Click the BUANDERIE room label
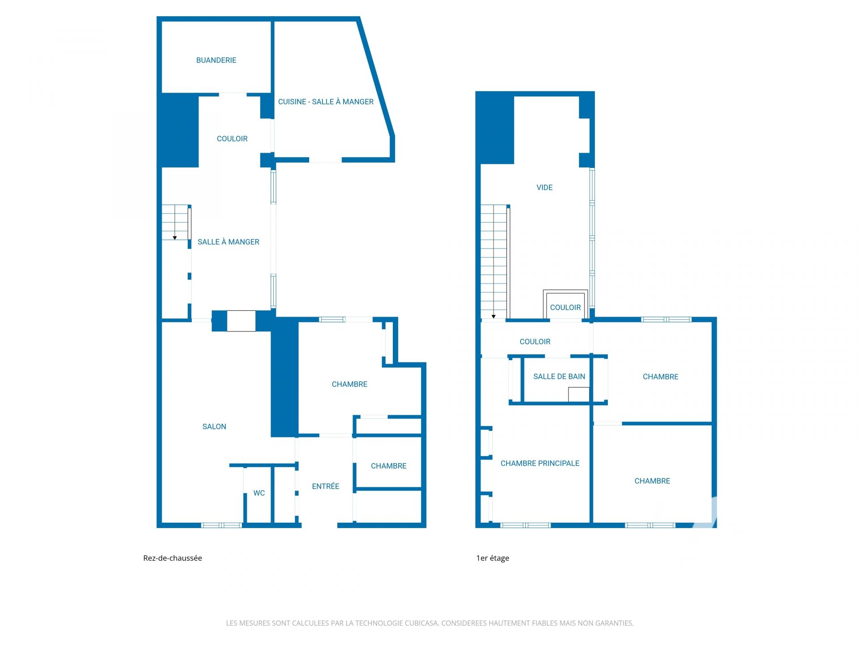(216, 60)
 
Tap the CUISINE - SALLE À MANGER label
(326, 102)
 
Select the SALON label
(214, 426)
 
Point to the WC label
(259, 493)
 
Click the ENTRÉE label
(325, 486)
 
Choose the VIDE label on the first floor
(544, 187)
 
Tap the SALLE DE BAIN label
(559, 376)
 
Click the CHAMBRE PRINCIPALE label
(540, 463)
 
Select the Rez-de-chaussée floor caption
(172, 558)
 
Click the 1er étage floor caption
(493, 558)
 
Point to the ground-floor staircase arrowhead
(175, 238)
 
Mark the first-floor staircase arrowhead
(494, 317)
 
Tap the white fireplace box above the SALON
(241, 321)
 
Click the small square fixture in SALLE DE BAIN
(579, 395)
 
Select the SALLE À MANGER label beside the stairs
(228, 242)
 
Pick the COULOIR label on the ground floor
(232, 138)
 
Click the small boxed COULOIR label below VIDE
(565, 307)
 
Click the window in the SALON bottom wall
(221, 525)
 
